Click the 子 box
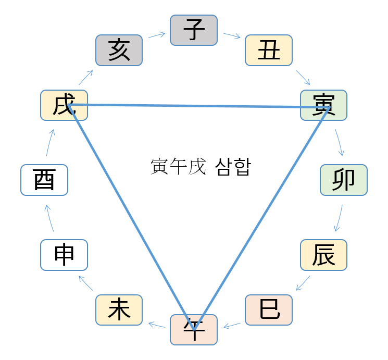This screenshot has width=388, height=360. [194, 30]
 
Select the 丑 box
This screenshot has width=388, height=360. [269, 50]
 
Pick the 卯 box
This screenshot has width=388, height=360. [344, 180]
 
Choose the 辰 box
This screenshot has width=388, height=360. [324, 255]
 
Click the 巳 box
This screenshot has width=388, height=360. [269, 310]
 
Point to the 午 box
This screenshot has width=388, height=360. [194, 330]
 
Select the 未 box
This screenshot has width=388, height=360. [119, 310]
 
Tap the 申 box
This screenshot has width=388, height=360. [64, 255]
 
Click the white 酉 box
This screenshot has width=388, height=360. [44, 180]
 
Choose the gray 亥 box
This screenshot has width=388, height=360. [119, 50]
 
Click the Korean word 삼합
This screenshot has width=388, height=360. [232, 167]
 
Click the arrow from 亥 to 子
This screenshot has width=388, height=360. [156, 35]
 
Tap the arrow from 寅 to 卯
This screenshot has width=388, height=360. [340, 142]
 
